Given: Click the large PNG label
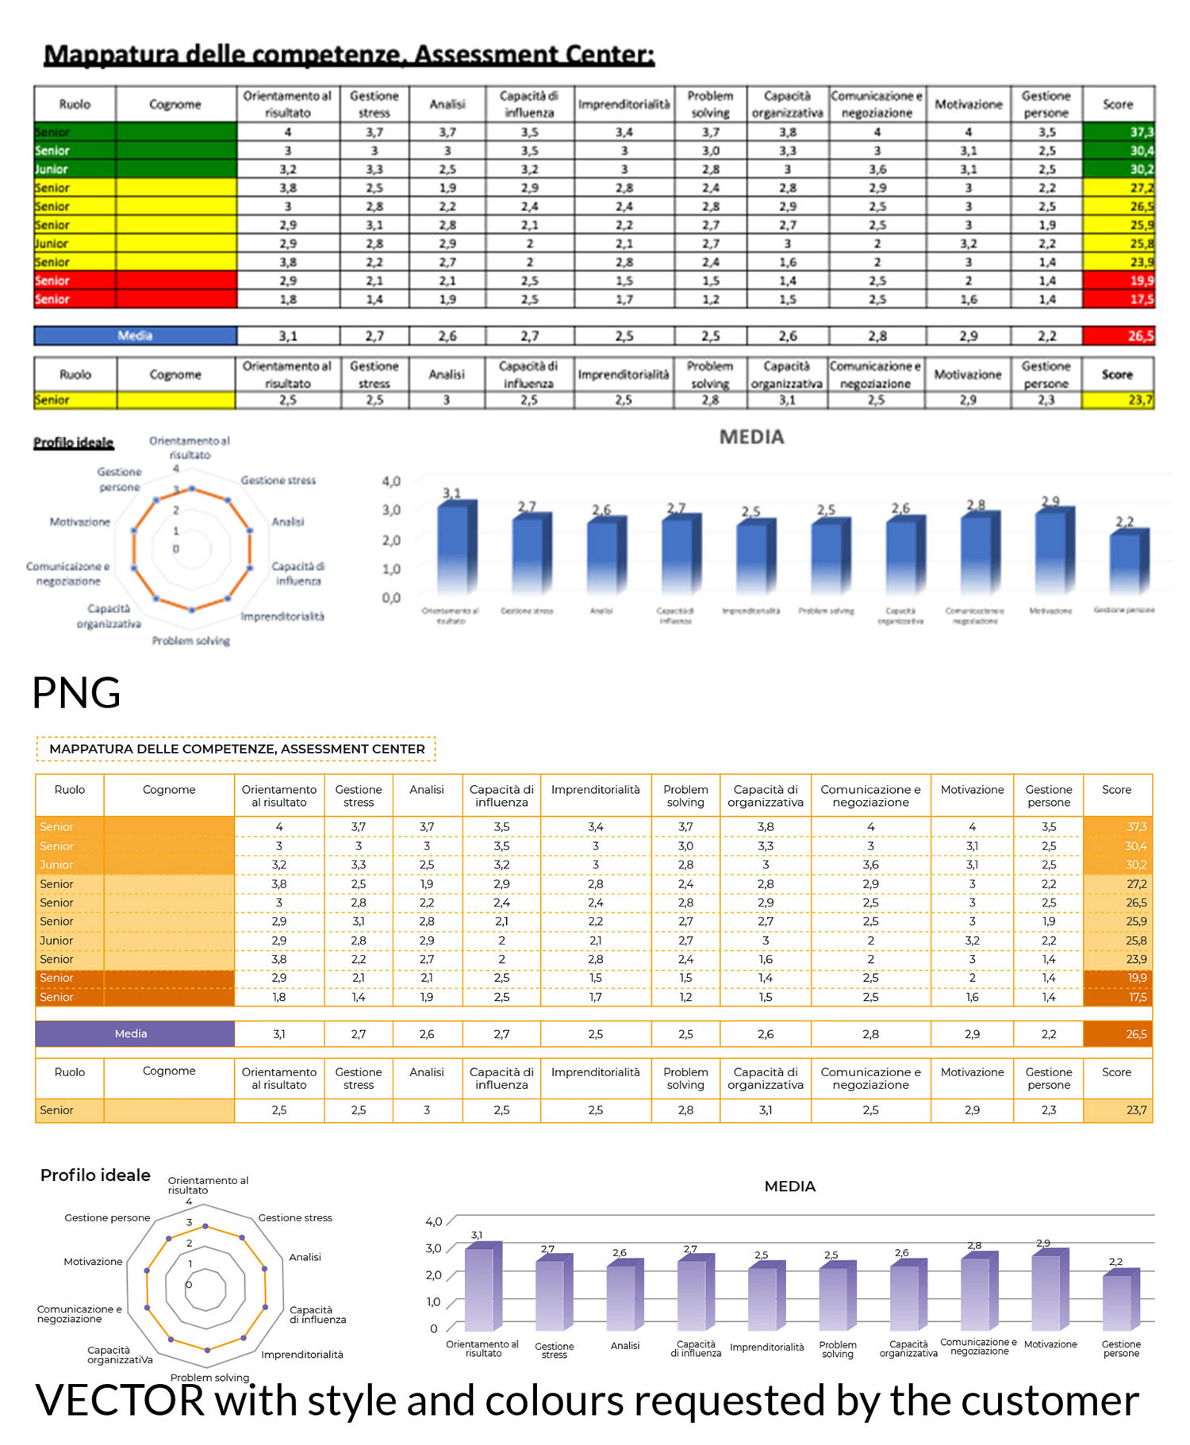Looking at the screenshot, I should pyautogui.click(x=76, y=692).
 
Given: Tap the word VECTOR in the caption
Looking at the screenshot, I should pyautogui.click(x=120, y=1400).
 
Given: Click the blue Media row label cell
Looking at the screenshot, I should pyautogui.click(x=135, y=335).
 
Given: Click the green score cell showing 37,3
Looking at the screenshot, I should pyautogui.click(x=1119, y=132).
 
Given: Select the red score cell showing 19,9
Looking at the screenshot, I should pyautogui.click(x=1119, y=280).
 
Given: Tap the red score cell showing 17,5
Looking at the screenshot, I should pyautogui.click(x=1119, y=299).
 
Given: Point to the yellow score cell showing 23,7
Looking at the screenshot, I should pyautogui.click(x=1119, y=400).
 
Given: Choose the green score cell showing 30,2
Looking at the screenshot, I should pyautogui.click(x=1119, y=169).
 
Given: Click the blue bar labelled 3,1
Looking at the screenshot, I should pyautogui.click(x=455, y=547).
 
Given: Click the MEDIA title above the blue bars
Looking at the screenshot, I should pyautogui.click(x=751, y=437).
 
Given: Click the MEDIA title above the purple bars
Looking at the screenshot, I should pyautogui.click(x=789, y=1186).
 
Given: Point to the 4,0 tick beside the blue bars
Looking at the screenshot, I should pyautogui.click(x=391, y=481).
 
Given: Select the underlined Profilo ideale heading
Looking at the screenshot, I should pyautogui.click(x=73, y=443).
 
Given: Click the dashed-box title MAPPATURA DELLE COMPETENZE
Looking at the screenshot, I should pyautogui.click(x=236, y=749).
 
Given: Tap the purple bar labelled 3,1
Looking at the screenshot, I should pyautogui.click(x=481, y=1288).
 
